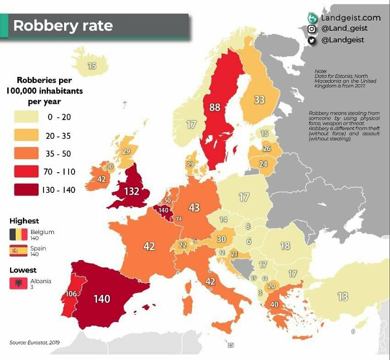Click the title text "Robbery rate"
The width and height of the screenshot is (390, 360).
coord(62,26)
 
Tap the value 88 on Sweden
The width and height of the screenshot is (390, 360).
coord(215,107)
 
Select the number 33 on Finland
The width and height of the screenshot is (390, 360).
coord(259,100)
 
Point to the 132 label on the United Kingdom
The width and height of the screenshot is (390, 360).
coord(131,191)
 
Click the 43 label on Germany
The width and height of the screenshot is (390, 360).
coord(194,207)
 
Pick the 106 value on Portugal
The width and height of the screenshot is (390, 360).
coord(71,293)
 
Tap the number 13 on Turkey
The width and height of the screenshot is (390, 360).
coord(342,296)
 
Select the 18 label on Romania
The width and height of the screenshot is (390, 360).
coord(285,246)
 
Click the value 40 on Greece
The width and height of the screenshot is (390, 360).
coord(274,304)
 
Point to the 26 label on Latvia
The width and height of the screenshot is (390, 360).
coord(266,148)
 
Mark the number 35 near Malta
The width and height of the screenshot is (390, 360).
coord(231,345)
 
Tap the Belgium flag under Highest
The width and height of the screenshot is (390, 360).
coord(18,234)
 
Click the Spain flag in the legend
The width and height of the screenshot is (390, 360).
coord(18,251)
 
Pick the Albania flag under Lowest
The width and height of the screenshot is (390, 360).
coord(18,284)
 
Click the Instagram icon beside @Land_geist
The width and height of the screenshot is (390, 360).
coord(312,29)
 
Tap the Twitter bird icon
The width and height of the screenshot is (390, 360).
coord(312,40)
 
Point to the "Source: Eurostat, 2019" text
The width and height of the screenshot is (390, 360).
coord(34,342)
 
